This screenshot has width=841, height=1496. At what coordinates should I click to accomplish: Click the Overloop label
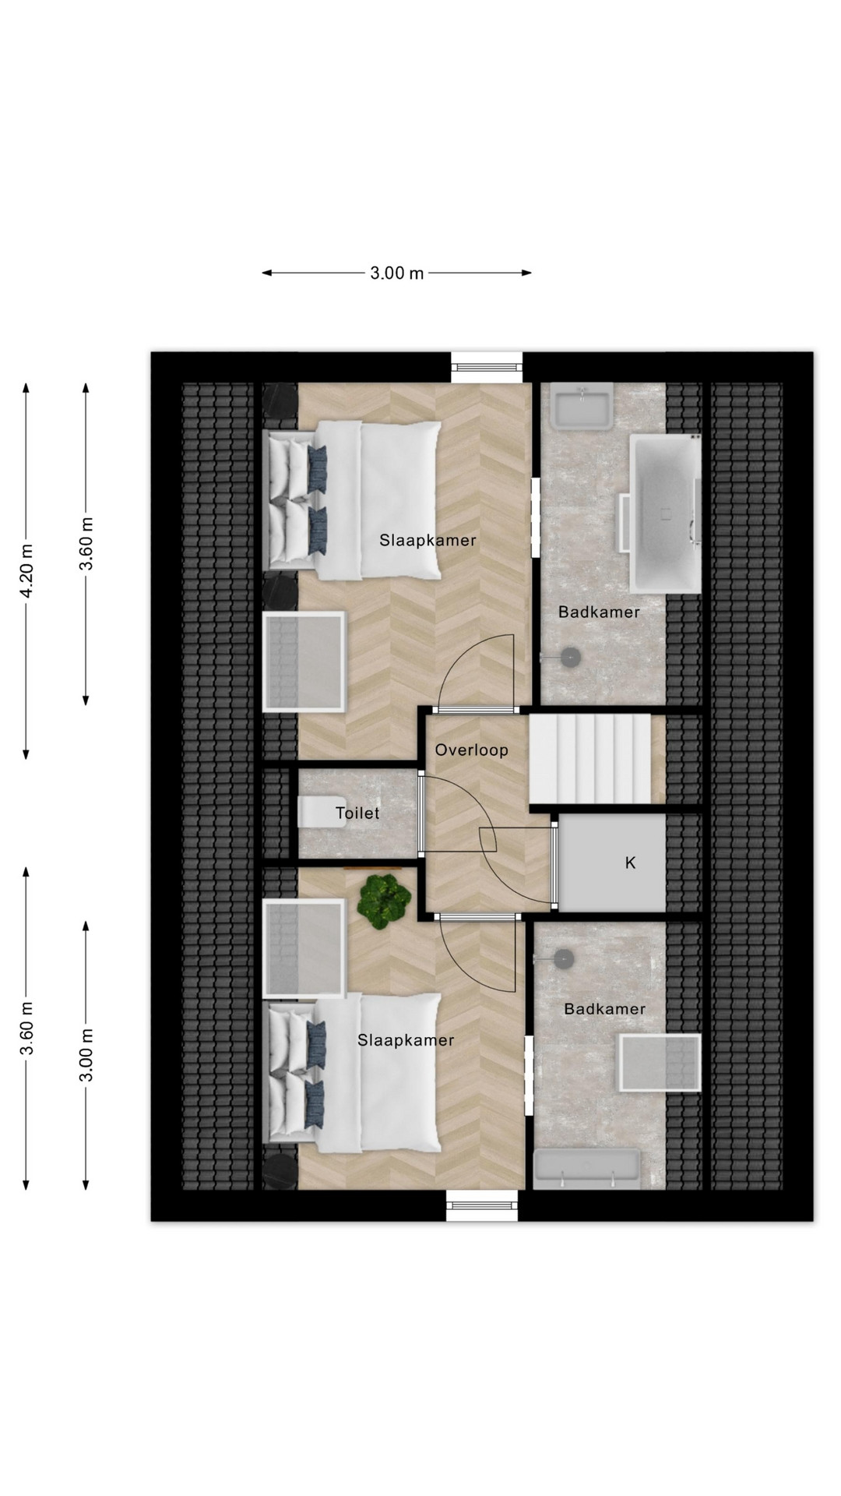pos(471,750)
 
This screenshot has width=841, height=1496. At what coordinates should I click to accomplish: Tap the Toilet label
pos(357,813)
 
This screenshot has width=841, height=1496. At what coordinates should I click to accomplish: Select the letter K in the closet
pos(631,863)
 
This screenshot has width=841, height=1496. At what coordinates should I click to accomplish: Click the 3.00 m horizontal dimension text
pos(396,273)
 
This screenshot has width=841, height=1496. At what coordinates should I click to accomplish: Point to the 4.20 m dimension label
pos(26,570)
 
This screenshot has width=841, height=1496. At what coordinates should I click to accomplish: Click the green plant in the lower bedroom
pos(384,901)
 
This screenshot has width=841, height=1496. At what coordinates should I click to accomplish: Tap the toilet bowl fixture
pos(315,813)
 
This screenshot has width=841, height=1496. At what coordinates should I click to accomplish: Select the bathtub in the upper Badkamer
pos(666,514)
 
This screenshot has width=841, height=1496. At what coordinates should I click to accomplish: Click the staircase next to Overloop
pos(589,760)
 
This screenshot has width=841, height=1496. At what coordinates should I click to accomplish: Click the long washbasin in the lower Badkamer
pos(587,1169)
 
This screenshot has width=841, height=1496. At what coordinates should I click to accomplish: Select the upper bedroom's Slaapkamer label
pos(428,540)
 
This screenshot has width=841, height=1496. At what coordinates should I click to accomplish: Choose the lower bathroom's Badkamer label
pos(605,1009)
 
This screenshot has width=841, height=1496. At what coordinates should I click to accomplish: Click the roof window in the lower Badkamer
pos(660,1063)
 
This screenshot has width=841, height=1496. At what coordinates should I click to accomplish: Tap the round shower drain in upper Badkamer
pos(572,658)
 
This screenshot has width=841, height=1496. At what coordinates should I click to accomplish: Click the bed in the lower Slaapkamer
pos(355,1075)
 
